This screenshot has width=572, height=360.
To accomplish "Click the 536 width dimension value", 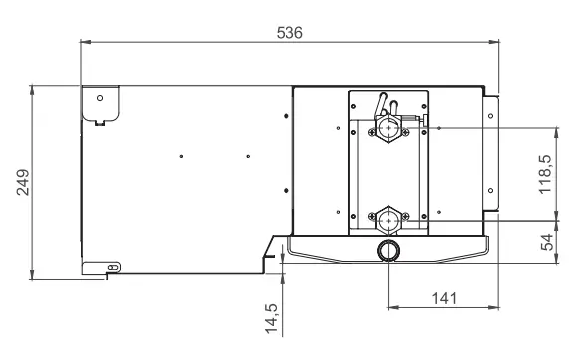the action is coord(289,33).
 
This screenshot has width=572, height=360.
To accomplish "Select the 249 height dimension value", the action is coord(23,182).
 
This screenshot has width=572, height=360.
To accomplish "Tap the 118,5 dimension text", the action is coord(546,174).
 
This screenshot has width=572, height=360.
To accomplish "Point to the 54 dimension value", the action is coord(547,242).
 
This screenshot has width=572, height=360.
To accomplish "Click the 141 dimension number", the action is coord(444,298).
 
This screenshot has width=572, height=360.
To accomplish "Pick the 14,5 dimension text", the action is coord(272,318).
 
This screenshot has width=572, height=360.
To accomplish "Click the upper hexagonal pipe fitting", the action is coord(389,128).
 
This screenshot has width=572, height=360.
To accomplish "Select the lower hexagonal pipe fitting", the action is coord(389,221).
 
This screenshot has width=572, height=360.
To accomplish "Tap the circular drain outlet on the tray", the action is coord(389,250).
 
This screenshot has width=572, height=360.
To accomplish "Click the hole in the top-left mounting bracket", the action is coord(100,98).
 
